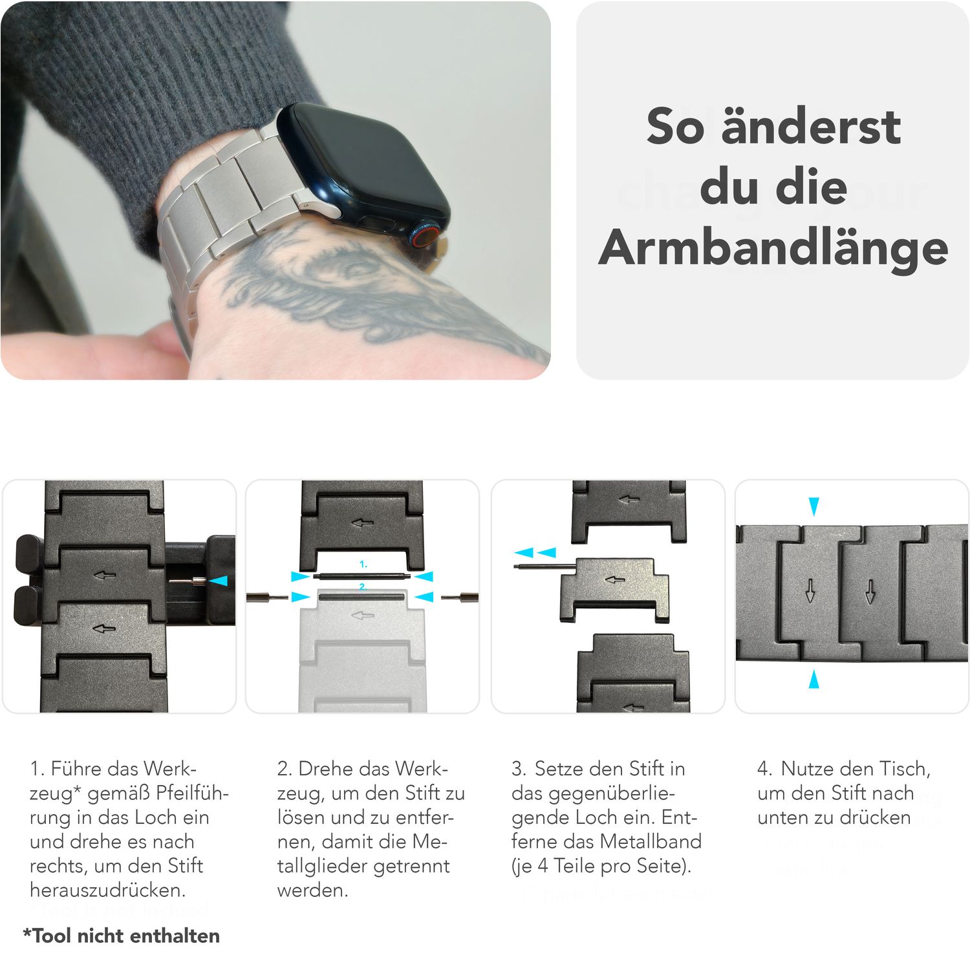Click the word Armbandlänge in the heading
pyautogui.click(x=773, y=248)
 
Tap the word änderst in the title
pyautogui.click(x=811, y=126)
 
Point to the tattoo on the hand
pyautogui.click(x=362, y=291)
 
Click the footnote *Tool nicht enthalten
pyautogui.click(x=122, y=936)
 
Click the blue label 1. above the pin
pyautogui.click(x=363, y=565)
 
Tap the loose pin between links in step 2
pyautogui.click(x=362, y=576)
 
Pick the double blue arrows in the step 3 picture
pyautogui.click(x=535, y=553)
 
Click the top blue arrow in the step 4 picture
pyautogui.click(x=814, y=506)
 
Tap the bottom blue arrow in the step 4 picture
pyautogui.click(x=814, y=679)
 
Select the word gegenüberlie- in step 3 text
pyautogui.click(x=593, y=793)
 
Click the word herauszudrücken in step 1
pyautogui.click(x=107, y=890)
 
